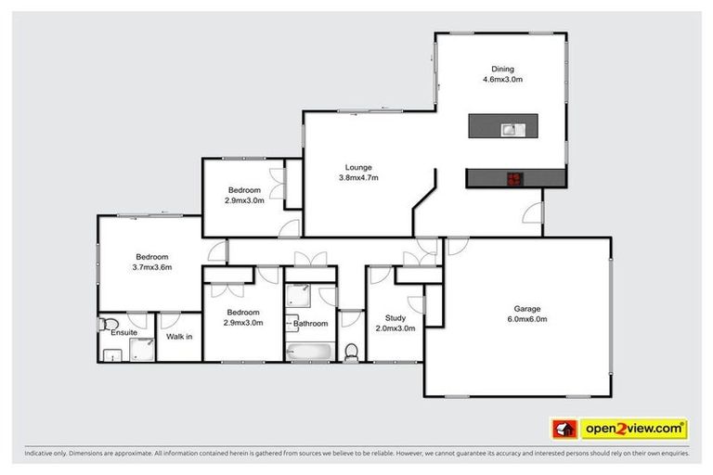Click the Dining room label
click(x=502, y=70)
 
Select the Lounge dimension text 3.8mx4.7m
click(x=358, y=177)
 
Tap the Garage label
click(x=527, y=309)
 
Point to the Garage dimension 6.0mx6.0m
click(x=527, y=320)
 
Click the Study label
click(x=395, y=318)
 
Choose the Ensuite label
click(x=123, y=331)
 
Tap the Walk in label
click(x=179, y=336)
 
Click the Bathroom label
click(x=311, y=324)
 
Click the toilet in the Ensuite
click(x=105, y=325)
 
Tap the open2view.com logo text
click(x=634, y=429)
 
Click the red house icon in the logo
click(x=564, y=429)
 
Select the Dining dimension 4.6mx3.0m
click(x=502, y=80)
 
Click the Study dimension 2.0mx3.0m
click(x=395, y=328)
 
